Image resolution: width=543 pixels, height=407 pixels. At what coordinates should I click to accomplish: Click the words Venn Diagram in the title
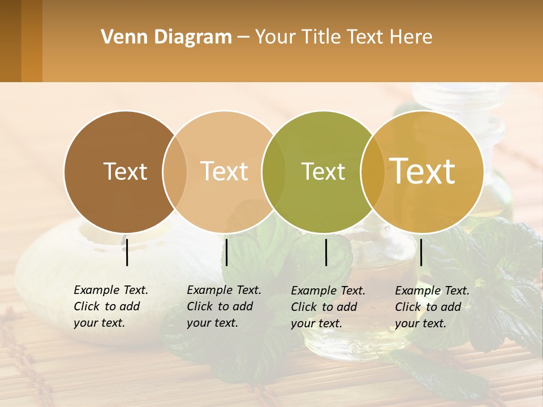166,37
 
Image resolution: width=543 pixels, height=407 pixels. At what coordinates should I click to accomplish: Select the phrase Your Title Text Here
343,37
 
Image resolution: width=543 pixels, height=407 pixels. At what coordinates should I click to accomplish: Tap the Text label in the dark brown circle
125,171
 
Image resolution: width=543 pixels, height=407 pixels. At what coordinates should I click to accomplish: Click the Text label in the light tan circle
225,171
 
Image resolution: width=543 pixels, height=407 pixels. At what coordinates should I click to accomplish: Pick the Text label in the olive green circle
323,171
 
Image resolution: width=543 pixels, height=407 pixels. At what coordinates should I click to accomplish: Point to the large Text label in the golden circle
423,171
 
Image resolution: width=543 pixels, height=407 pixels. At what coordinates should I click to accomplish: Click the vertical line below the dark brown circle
127,252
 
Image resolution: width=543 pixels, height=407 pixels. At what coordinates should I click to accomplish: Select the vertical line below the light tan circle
227,252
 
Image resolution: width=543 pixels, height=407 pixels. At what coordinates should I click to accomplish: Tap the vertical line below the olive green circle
326,252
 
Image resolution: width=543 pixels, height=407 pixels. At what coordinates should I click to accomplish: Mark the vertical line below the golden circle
421,252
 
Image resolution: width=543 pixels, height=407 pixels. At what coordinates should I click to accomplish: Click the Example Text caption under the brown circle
111,306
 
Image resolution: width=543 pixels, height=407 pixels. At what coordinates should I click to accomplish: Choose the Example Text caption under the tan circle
224,306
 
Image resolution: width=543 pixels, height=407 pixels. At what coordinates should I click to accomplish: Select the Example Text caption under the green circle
328,307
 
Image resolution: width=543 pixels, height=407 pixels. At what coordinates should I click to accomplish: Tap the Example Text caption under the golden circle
432,307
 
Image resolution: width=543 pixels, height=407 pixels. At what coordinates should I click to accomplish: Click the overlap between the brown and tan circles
175,172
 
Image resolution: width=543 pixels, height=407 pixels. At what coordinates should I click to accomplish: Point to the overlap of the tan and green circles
274,172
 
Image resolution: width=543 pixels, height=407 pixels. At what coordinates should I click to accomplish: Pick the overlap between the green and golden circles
372,172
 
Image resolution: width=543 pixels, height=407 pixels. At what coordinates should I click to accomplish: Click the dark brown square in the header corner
10,41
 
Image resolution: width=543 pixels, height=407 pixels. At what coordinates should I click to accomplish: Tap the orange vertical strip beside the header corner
32,41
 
